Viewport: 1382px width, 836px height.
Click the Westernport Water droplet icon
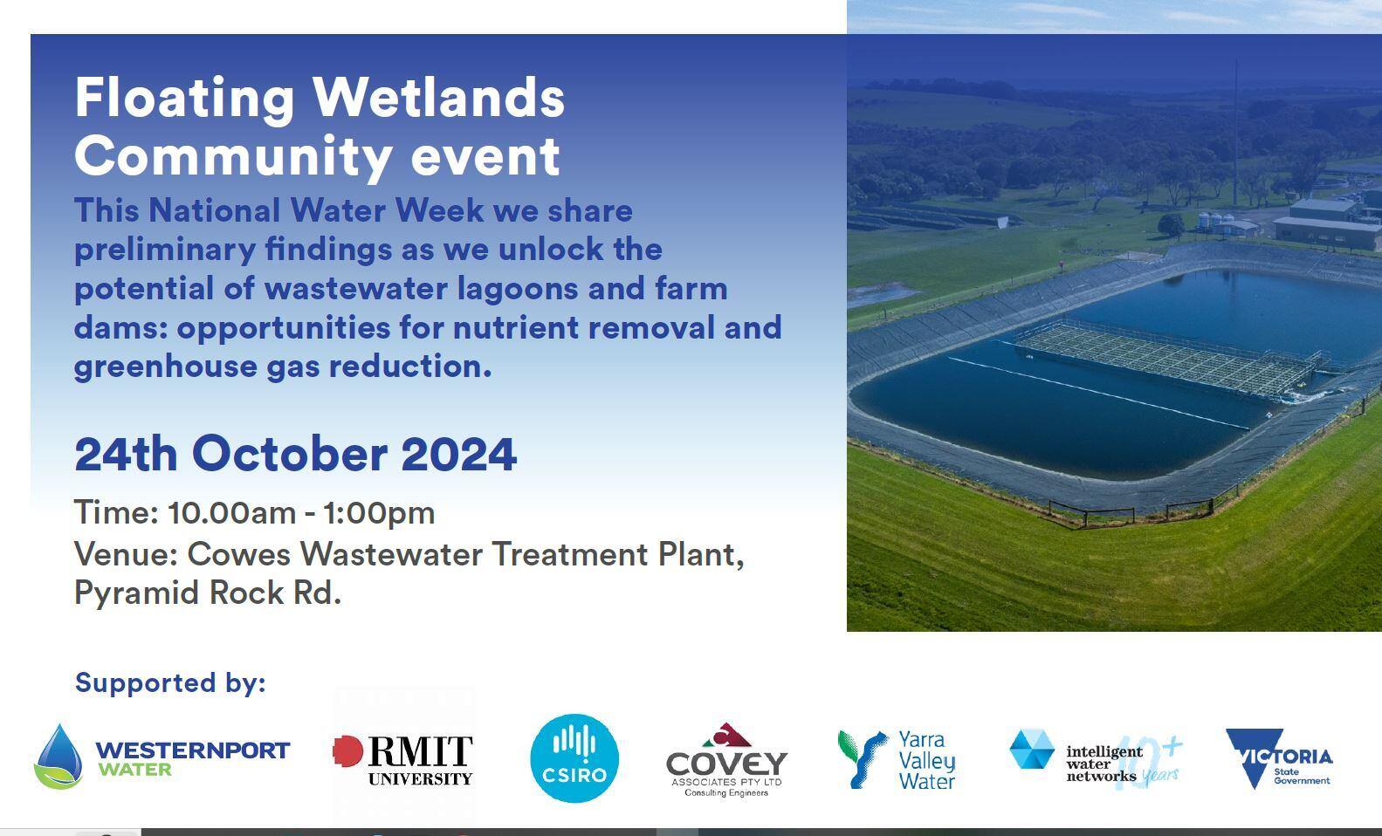click(58, 757)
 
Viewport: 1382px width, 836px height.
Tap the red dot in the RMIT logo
click(347, 751)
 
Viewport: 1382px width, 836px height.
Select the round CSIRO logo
click(574, 758)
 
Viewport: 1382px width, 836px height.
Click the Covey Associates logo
click(726, 759)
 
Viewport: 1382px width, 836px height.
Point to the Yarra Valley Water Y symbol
click(862, 759)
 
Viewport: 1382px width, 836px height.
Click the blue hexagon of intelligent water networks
click(1032, 749)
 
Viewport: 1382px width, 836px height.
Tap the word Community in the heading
click(233, 157)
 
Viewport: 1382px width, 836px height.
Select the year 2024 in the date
click(458, 455)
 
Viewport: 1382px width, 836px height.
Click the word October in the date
click(289, 454)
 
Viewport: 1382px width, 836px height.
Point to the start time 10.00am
click(232, 513)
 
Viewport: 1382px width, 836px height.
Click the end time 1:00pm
click(379, 514)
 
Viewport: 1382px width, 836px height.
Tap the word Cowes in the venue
click(238, 554)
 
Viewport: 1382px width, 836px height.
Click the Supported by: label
click(170, 683)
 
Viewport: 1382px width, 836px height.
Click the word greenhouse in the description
click(165, 367)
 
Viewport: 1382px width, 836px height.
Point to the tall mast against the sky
click(1235, 133)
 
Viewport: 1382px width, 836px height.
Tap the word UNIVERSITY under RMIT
click(420, 779)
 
